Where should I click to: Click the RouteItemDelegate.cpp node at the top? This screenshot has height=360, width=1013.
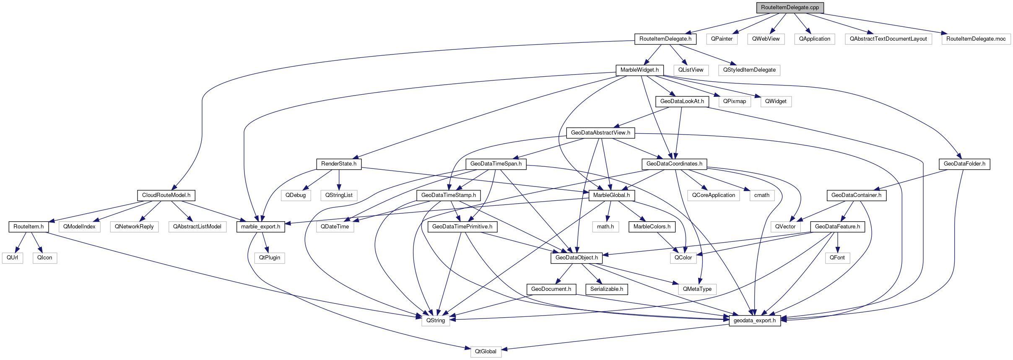(x=790, y=8)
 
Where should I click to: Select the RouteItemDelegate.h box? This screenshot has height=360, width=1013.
(x=665, y=39)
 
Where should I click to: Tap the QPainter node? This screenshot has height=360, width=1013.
(x=722, y=39)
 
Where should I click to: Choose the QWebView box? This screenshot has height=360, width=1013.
(x=766, y=39)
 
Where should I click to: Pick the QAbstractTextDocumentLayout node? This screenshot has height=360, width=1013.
(x=888, y=39)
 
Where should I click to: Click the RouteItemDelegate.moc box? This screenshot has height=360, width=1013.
(x=976, y=39)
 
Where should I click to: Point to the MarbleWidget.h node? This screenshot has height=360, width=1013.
(x=639, y=70)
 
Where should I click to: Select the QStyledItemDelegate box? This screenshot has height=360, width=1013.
(x=749, y=70)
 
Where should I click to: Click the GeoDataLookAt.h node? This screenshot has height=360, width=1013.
(x=682, y=101)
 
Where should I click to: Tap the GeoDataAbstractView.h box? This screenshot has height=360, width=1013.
(x=600, y=133)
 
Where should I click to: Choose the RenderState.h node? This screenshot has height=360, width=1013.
(x=339, y=164)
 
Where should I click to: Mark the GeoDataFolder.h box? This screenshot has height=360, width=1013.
(x=964, y=164)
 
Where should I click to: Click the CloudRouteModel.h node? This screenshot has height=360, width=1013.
(x=166, y=195)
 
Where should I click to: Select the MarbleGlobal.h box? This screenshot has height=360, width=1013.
(x=611, y=195)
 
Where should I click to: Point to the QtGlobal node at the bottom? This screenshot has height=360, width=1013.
(x=486, y=352)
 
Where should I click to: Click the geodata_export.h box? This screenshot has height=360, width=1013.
(x=755, y=321)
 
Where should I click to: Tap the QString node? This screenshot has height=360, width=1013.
(x=436, y=321)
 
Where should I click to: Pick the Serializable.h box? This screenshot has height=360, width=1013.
(x=606, y=289)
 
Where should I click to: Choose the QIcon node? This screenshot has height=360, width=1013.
(x=45, y=258)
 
